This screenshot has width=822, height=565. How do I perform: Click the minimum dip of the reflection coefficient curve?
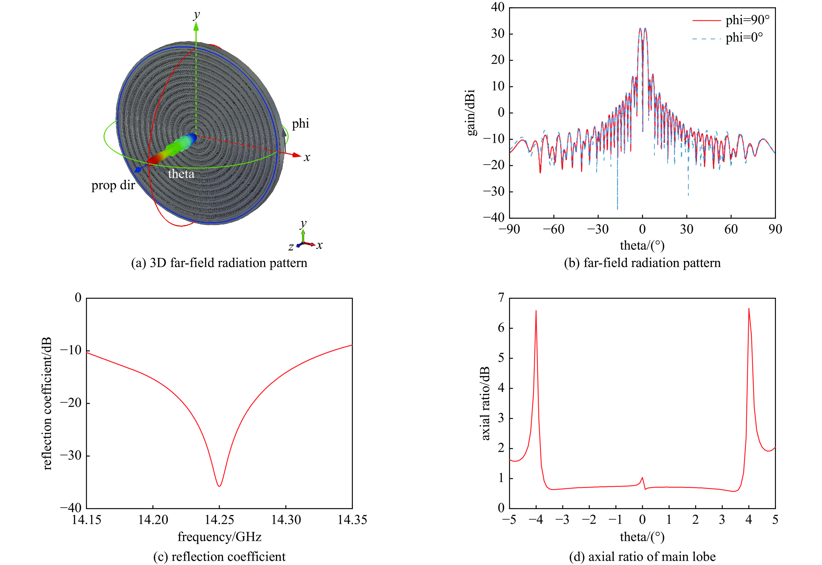coord(219,486)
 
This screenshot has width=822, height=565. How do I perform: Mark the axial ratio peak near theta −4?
coord(536,311)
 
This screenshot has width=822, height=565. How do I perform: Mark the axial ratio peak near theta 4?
coord(749,309)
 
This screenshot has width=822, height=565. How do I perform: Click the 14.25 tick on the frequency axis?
coord(219,520)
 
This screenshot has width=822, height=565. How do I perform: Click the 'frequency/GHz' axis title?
coord(219,537)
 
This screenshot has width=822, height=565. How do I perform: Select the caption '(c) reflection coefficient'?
coord(219,557)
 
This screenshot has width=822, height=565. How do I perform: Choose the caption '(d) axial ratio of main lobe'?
coord(642,557)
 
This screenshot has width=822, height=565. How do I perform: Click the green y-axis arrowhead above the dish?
coord(196,26)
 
